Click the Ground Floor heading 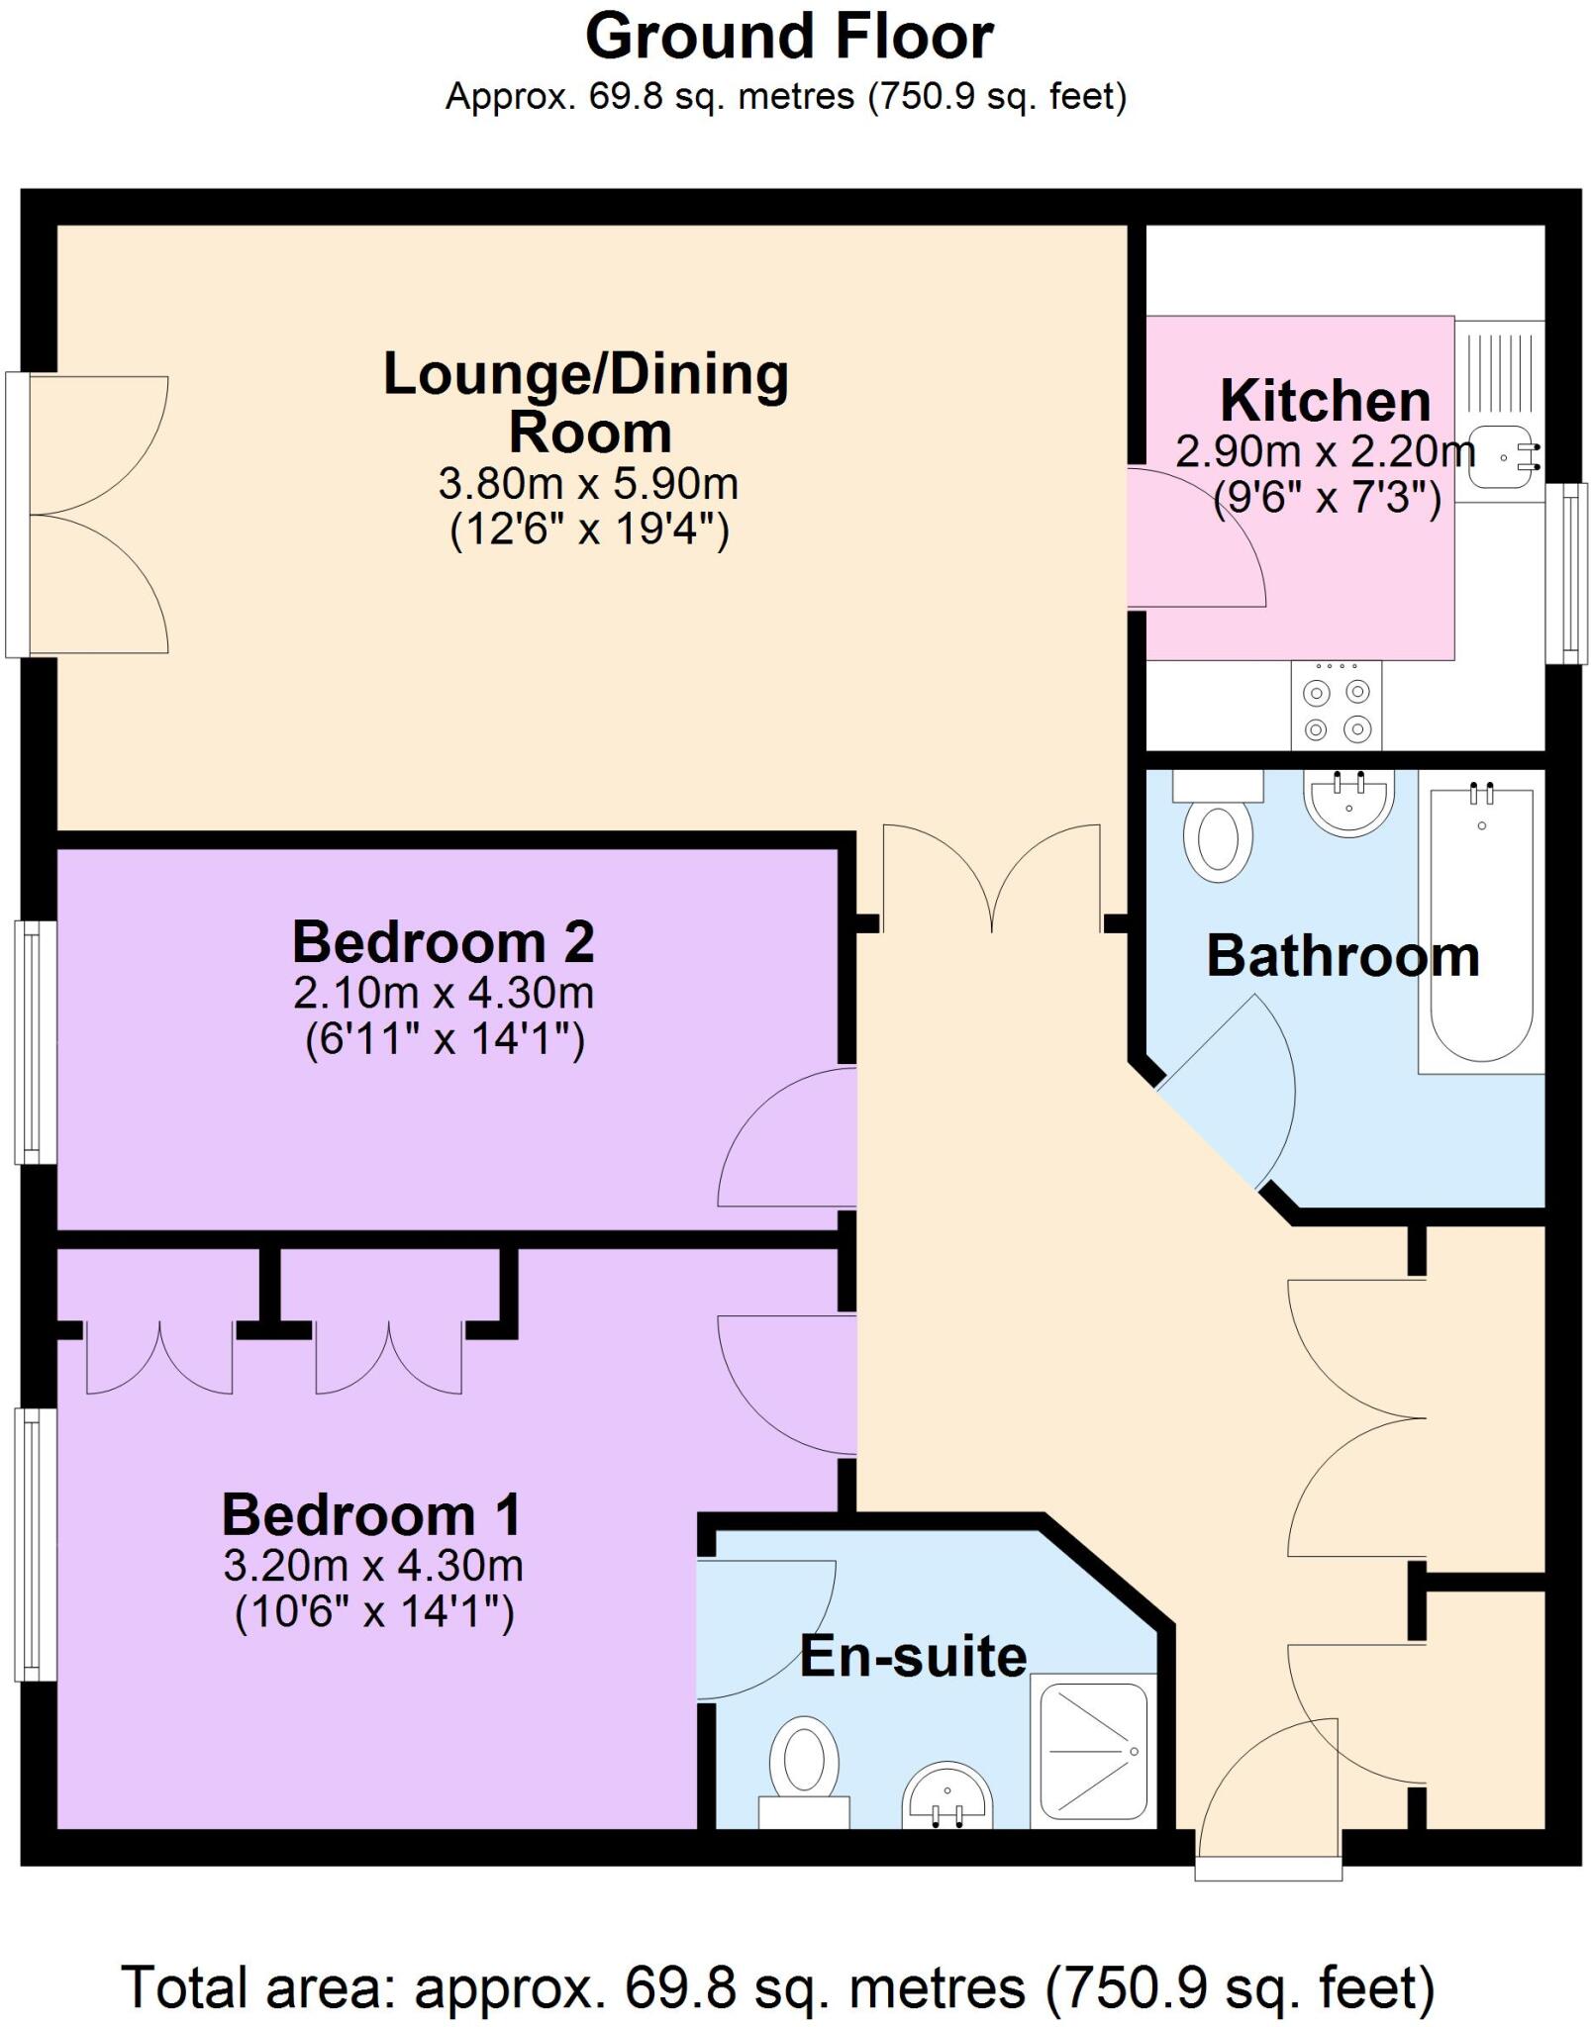[x=789, y=38]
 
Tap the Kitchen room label [x=1325, y=401]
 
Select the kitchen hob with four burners [x=1336, y=706]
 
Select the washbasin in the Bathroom [x=1348, y=802]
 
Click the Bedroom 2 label [x=443, y=942]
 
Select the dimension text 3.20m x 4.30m [x=373, y=1566]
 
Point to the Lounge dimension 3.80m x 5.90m [x=588, y=485]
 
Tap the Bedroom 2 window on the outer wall [x=35, y=1042]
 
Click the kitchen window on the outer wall [x=1566, y=573]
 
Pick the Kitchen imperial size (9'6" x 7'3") [x=1327, y=498]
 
